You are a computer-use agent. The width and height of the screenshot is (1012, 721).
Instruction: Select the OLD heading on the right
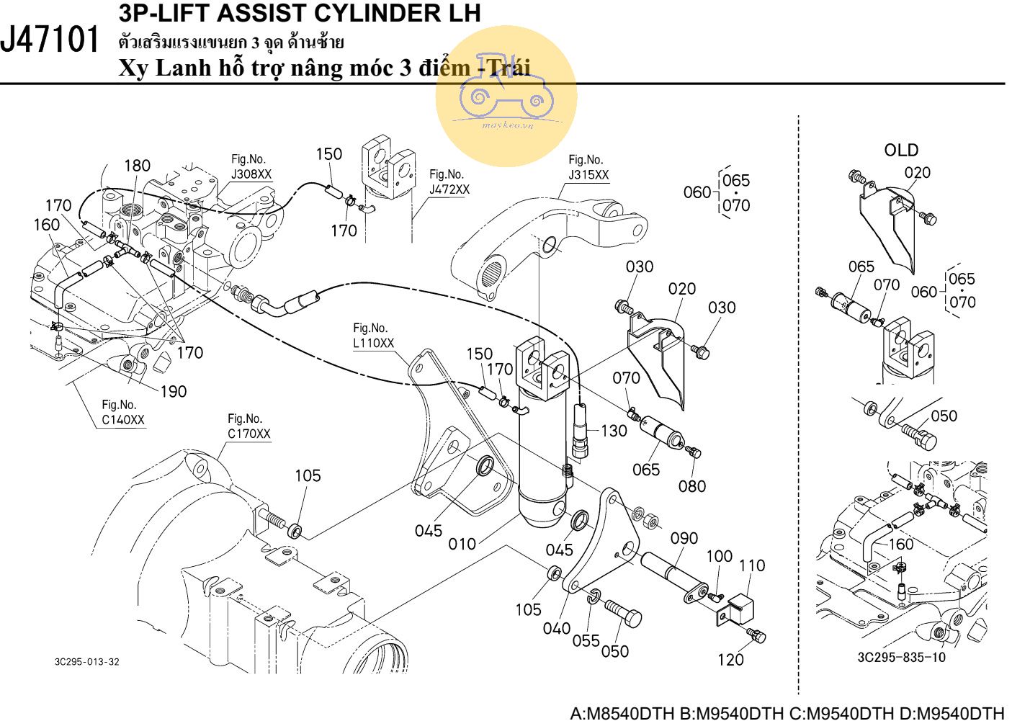[x=901, y=150]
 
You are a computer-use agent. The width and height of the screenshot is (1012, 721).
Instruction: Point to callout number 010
[x=462, y=544]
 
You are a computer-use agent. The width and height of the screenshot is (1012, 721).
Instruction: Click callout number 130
[x=614, y=431]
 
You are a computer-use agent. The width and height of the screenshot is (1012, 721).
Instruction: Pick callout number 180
[x=137, y=166]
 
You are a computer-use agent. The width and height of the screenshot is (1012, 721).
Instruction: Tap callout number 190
[x=173, y=391]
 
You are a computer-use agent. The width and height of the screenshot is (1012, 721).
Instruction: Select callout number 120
[x=730, y=659]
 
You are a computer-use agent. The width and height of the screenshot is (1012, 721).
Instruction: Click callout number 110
[x=752, y=565]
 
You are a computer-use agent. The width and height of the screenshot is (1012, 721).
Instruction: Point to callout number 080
[x=692, y=486]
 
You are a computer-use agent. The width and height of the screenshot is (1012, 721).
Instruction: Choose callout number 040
[x=556, y=628]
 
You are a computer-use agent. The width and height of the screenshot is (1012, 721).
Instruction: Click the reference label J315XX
[x=588, y=175]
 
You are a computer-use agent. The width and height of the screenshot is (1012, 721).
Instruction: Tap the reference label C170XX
[x=248, y=434]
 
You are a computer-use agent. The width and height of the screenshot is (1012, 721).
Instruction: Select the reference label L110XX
[x=374, y=343]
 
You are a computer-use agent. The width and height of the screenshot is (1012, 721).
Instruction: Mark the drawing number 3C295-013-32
[x=86, y=662]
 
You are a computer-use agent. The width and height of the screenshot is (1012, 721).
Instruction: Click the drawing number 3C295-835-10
[x=902, y=657]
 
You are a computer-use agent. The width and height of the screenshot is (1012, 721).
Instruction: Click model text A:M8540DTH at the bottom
[x=622, y=713]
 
